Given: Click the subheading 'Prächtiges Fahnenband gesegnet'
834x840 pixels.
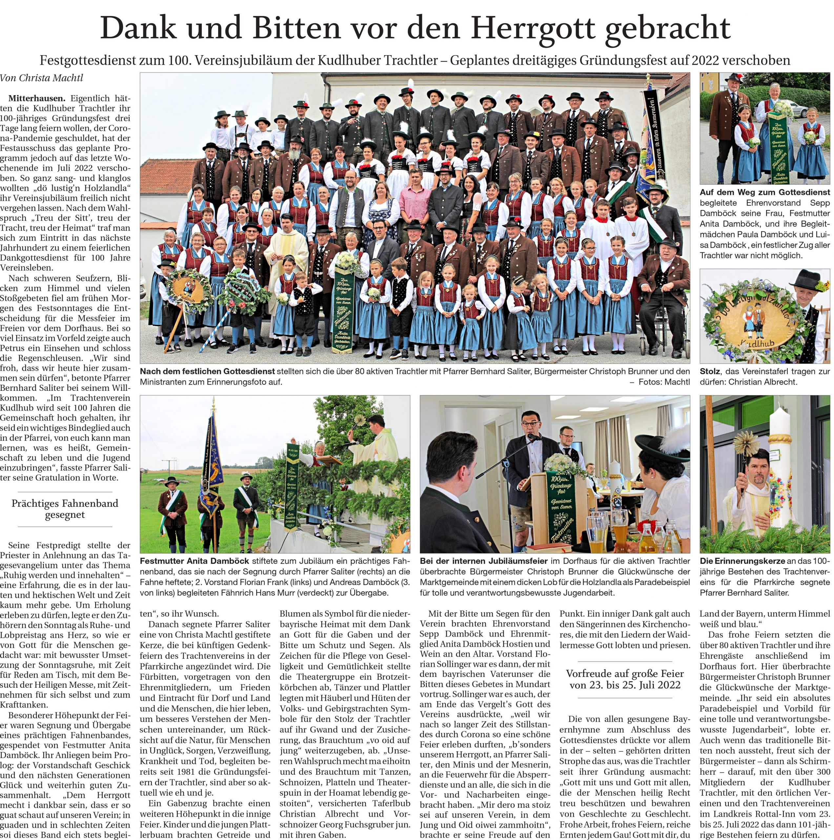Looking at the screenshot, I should coord(65,509).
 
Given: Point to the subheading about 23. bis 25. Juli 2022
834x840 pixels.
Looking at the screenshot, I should coord(624,679).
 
